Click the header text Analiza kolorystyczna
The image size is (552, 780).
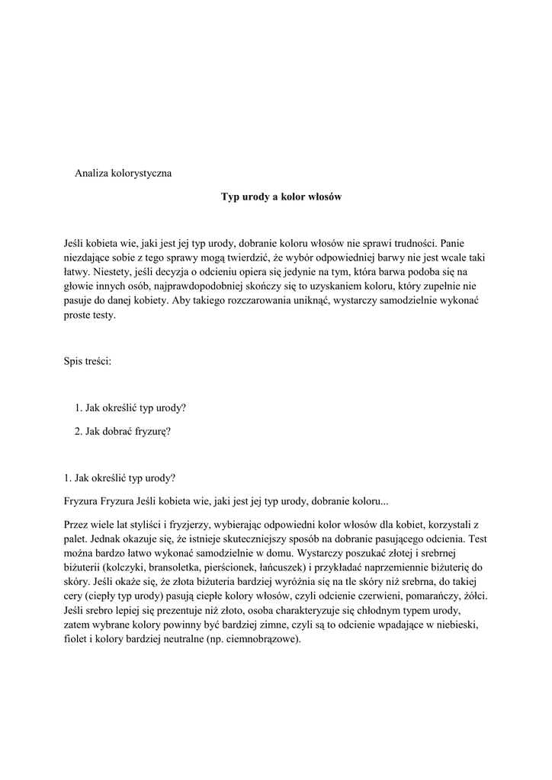[123, 173]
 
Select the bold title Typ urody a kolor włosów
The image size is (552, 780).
[281, 197]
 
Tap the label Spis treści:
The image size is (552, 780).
[88, 362]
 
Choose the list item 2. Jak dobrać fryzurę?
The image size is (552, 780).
[122, 431]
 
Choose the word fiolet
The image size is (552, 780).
[77, 640]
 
